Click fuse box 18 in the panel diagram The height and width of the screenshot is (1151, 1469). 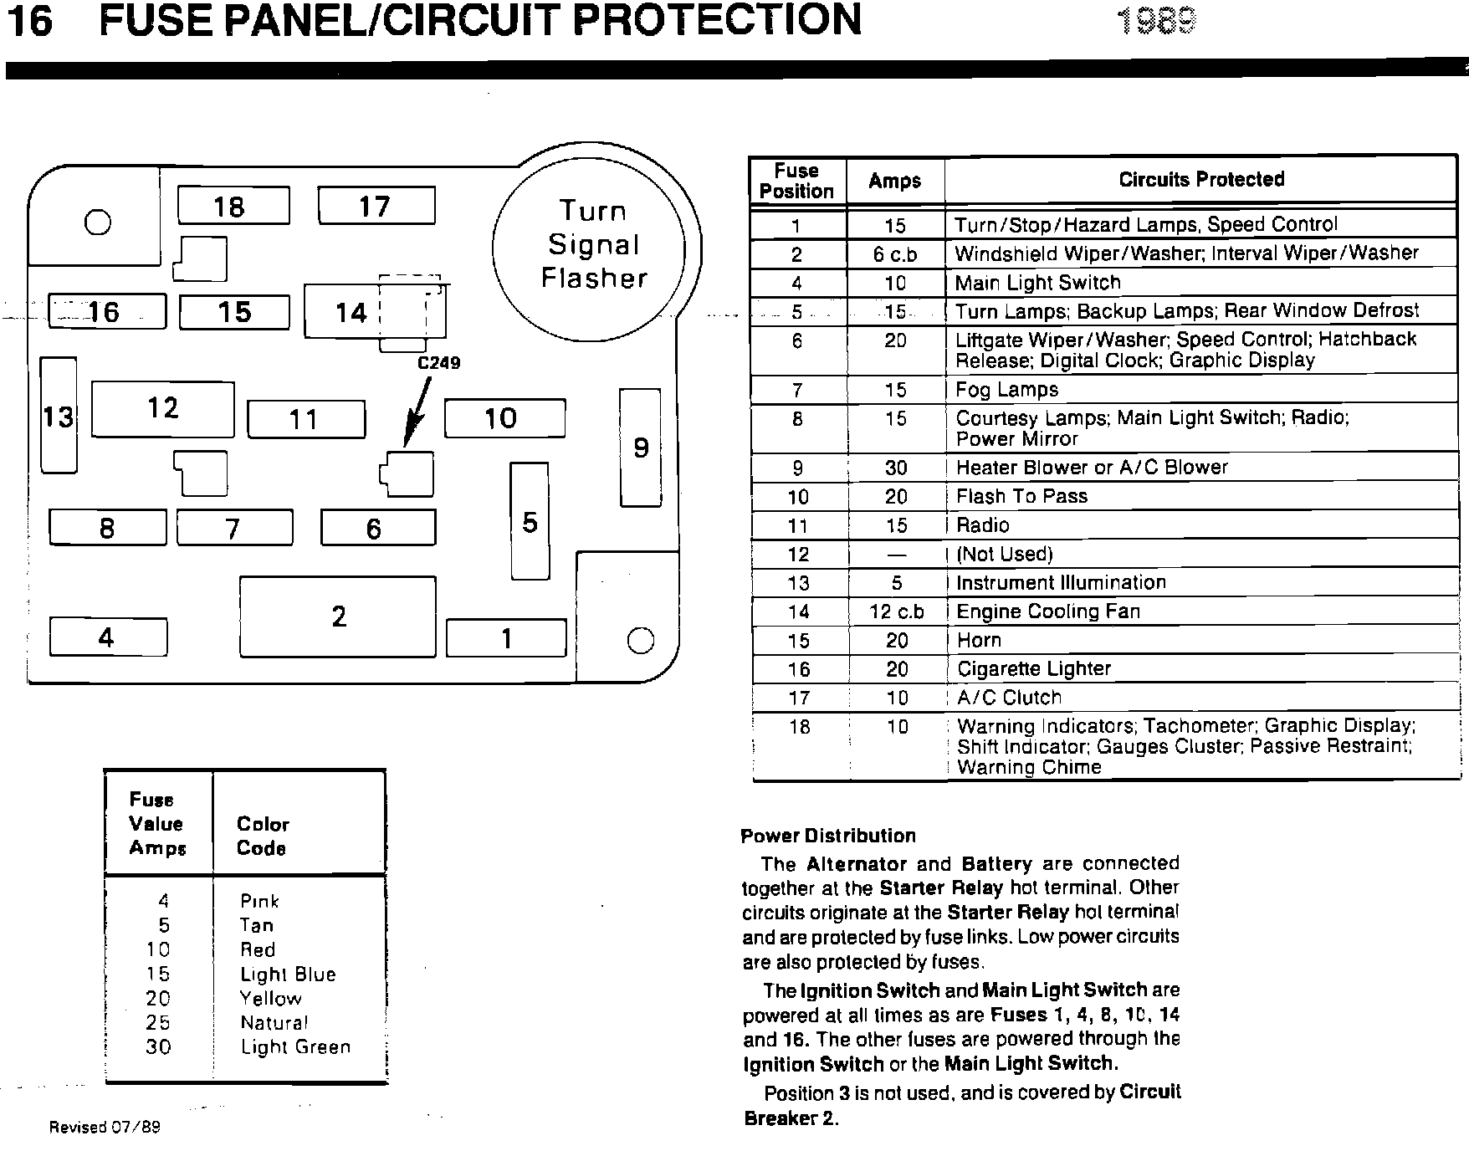pyautogui.click(x=233, y=206)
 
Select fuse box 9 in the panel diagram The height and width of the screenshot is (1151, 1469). pyautogui.click(x=640, y=448)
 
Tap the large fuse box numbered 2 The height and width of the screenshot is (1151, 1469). pyautogui.click(x=337, y=616)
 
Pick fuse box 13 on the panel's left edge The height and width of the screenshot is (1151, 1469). pyautogui.click(x=59, y=416)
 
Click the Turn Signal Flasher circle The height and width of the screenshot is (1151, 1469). pyautogui.click(x=593, y=244)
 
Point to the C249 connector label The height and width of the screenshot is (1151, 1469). pyautogui.click(x=438, y=363)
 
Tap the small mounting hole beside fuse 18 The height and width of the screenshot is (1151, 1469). pyautogui.click(x=98, y=222)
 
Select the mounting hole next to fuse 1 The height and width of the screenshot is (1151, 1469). pyautogui.click(x=640, y=641)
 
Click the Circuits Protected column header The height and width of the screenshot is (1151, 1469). pyautogui.click(x=1200, y=179)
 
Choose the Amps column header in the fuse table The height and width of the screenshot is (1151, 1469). pyautogui.click(x=894, y=181)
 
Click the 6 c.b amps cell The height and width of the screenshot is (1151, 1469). pyautogui.click(x=894, y=254)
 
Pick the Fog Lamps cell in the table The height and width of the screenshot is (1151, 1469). pyautogui.click(x=1007, y=390)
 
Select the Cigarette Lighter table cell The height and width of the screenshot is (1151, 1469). pyautogui.click(x=1033, y=669)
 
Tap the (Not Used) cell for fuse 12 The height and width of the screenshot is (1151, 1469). pyautogui.click(x=1004, y=555)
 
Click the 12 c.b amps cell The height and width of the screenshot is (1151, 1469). pyautogui.click(x=896, y=612)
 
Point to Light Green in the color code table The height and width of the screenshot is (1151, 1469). pyautogui.click(x=295, y=1047)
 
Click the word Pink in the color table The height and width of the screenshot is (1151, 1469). pyautogui.click(x=259, y=901)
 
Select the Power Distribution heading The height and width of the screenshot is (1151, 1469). pyautogui.click(x=827, y=836)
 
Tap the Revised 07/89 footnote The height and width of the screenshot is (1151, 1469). pyautogui.click(x=105, y=1127)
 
